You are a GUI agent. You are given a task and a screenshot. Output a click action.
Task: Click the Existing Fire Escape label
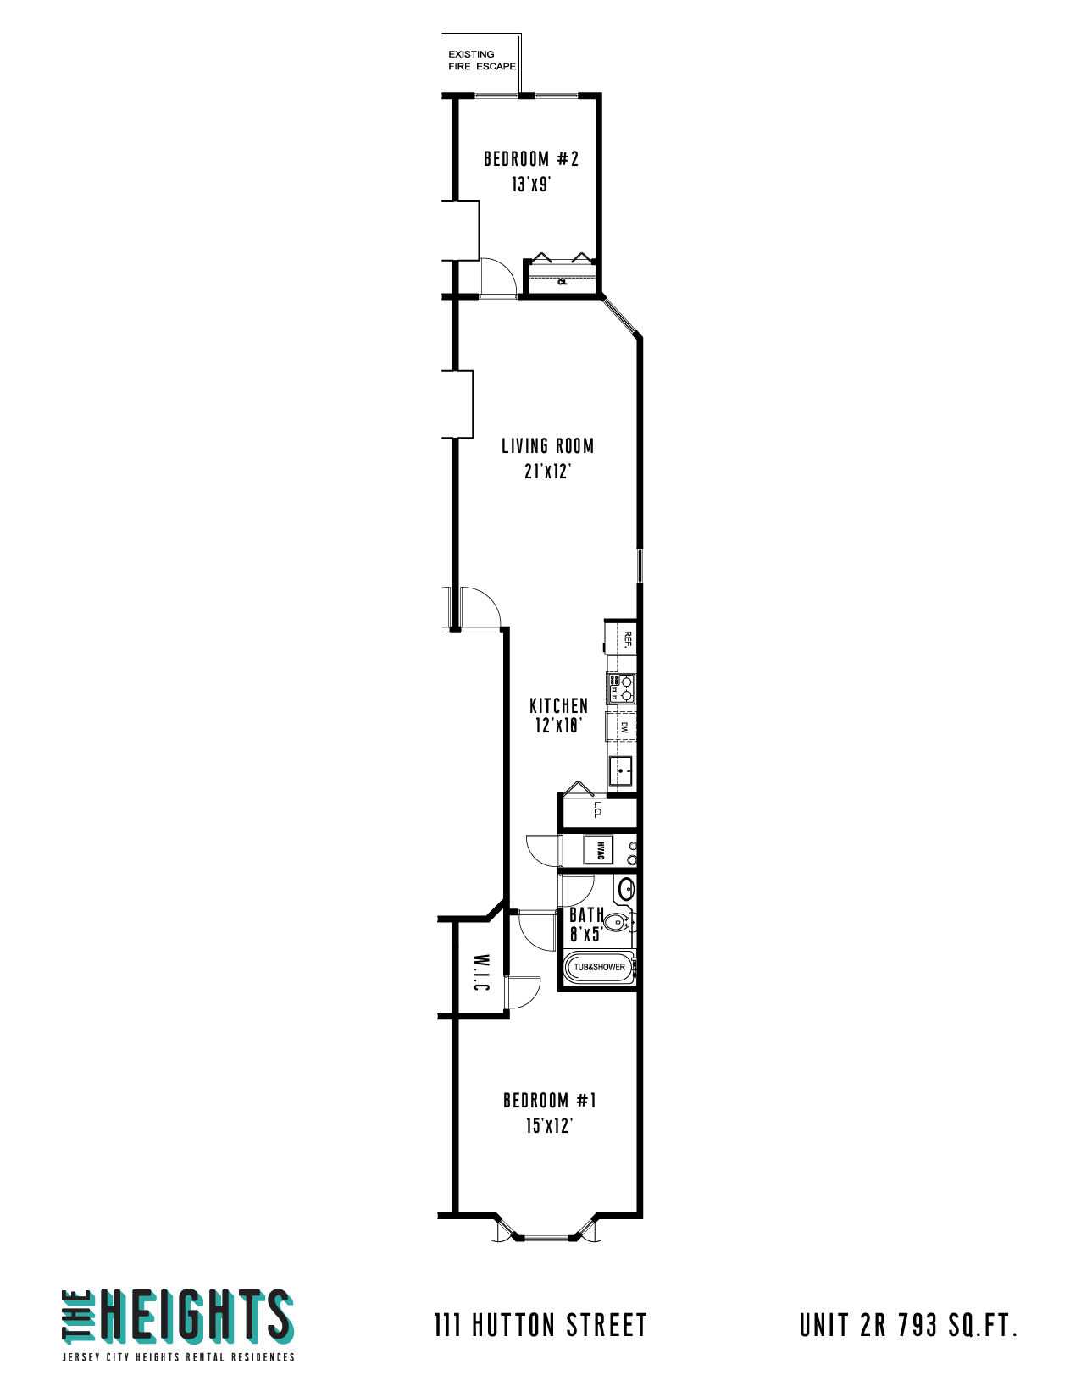pos(481,60)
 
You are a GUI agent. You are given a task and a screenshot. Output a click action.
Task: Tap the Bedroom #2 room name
pos(531,159)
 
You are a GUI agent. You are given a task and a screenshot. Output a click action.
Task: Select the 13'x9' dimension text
pos(531,185)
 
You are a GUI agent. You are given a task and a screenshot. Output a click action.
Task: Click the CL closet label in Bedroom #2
pos(563,282)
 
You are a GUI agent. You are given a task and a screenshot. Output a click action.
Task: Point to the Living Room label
pos(547,446)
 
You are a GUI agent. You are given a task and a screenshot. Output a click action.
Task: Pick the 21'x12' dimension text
pos(547,472)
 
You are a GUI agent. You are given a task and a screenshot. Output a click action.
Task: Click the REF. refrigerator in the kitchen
pos(625,639)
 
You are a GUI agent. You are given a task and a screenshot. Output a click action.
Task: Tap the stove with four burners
pos(621,688)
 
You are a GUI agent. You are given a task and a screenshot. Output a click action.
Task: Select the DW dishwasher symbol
pos(623,726)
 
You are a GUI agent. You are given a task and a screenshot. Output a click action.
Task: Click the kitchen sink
pos(621,771)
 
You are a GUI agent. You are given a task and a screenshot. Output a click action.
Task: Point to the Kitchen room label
pos(558,705)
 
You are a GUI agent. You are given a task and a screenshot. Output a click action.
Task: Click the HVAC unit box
pos(599,849)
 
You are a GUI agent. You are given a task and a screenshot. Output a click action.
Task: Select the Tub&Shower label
pos(599,967)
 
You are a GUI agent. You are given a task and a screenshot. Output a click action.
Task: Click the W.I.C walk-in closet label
pos(480,973)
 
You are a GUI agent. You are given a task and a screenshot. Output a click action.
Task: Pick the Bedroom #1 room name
pos(549,1101)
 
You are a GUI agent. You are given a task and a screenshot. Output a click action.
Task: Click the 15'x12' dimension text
pos(549,1126)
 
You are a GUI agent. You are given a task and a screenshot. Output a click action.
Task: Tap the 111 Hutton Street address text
pos(540,1325)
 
